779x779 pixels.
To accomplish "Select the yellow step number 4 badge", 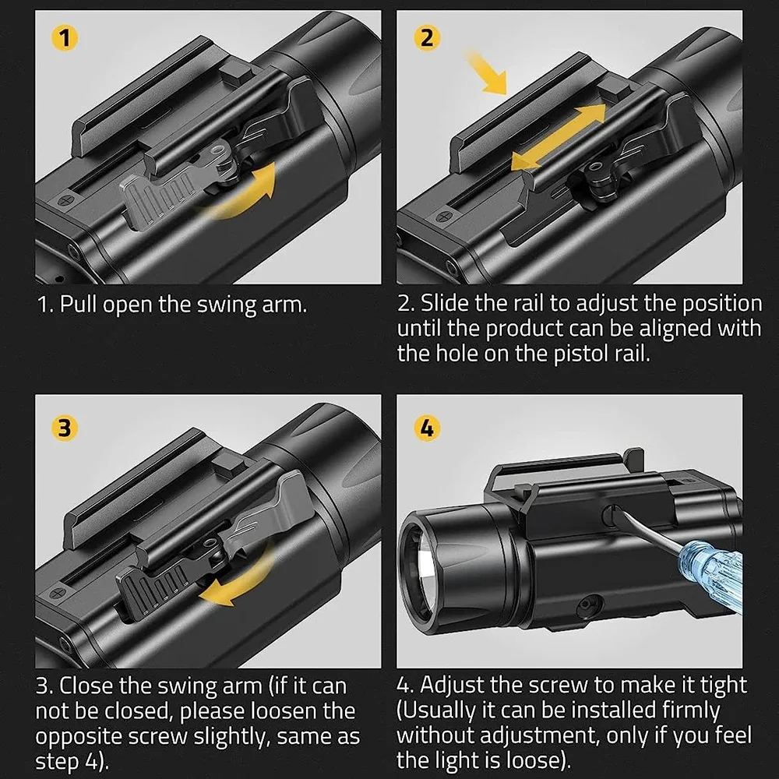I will click(x=427, y=428).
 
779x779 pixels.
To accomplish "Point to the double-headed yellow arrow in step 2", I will click(x=558, y=137).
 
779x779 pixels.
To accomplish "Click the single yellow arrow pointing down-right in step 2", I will click(x=488, y=72).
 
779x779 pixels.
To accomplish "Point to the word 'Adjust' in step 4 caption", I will click(x=456, y=686).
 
